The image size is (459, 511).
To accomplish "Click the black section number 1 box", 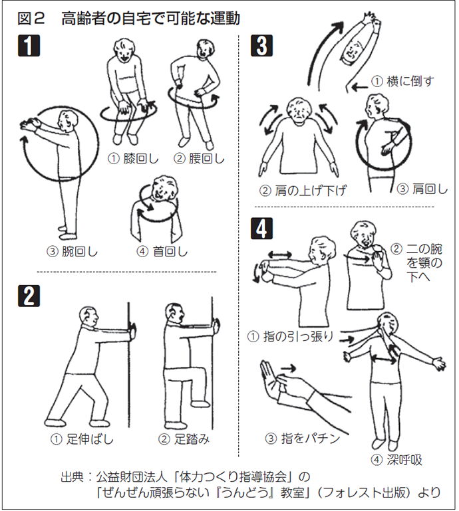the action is pos(29,46).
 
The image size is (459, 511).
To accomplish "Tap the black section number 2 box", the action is pos(29,296).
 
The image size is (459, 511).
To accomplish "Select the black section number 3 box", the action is pos(261,46).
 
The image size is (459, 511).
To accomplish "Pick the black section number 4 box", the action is pos(261,229).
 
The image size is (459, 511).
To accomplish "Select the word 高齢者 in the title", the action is pos(85,19).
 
